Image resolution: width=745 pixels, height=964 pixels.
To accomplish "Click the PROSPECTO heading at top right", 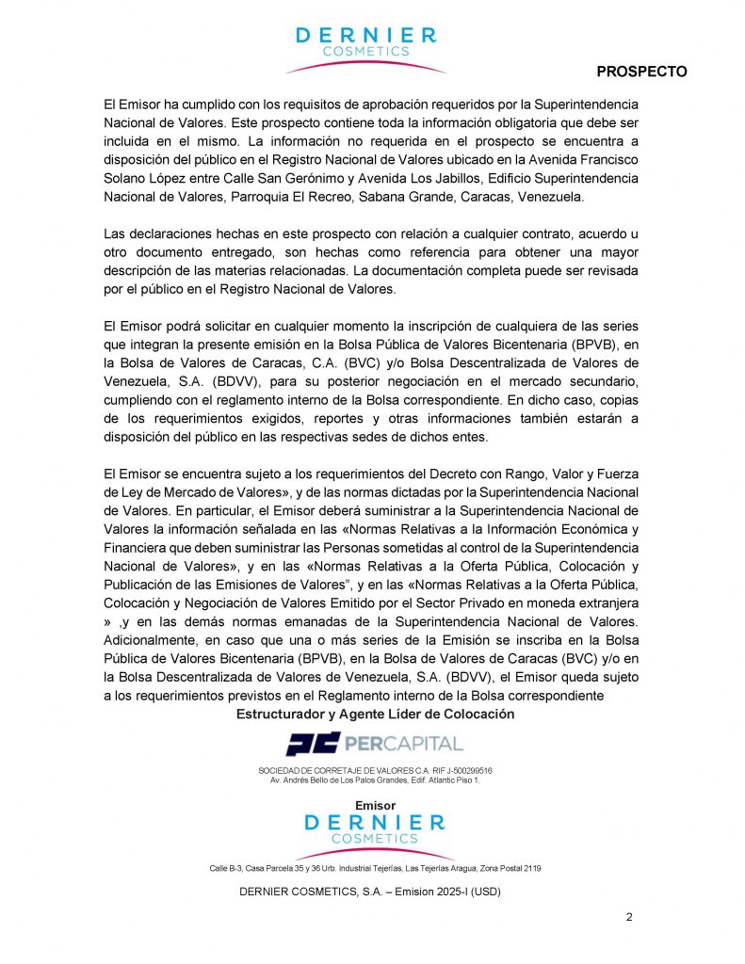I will [641, 72].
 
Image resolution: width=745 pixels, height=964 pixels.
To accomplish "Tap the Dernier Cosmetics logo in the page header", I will [365, 48].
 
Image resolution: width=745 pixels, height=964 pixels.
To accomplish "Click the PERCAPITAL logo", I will [374, 744].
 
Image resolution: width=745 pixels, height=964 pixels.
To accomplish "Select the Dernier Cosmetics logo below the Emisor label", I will [374, 830].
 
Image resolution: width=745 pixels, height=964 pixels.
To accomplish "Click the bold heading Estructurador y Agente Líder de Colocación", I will [375, 714].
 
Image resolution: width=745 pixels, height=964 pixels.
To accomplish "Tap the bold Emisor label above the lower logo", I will [375, 805].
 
